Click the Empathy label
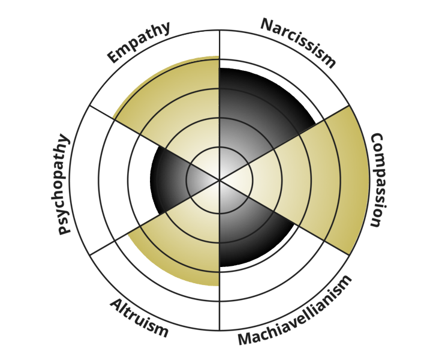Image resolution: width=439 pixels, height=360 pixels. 139,42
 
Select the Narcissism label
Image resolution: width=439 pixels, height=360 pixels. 299,43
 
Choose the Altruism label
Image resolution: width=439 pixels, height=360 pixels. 139,318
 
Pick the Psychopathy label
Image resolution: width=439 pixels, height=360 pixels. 60,184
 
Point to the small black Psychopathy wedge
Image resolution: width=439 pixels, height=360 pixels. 176,180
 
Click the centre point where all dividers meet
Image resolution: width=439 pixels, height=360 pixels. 220,180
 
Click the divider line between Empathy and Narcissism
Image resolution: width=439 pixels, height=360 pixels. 220,105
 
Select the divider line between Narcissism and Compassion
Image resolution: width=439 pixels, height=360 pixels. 284,143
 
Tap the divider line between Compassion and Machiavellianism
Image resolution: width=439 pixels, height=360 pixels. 284,218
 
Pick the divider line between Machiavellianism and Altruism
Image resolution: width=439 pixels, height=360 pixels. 220,256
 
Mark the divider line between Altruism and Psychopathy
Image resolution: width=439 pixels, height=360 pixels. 155,218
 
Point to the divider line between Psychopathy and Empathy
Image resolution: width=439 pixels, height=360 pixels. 155,143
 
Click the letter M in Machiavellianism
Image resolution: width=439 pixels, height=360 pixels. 245,339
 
